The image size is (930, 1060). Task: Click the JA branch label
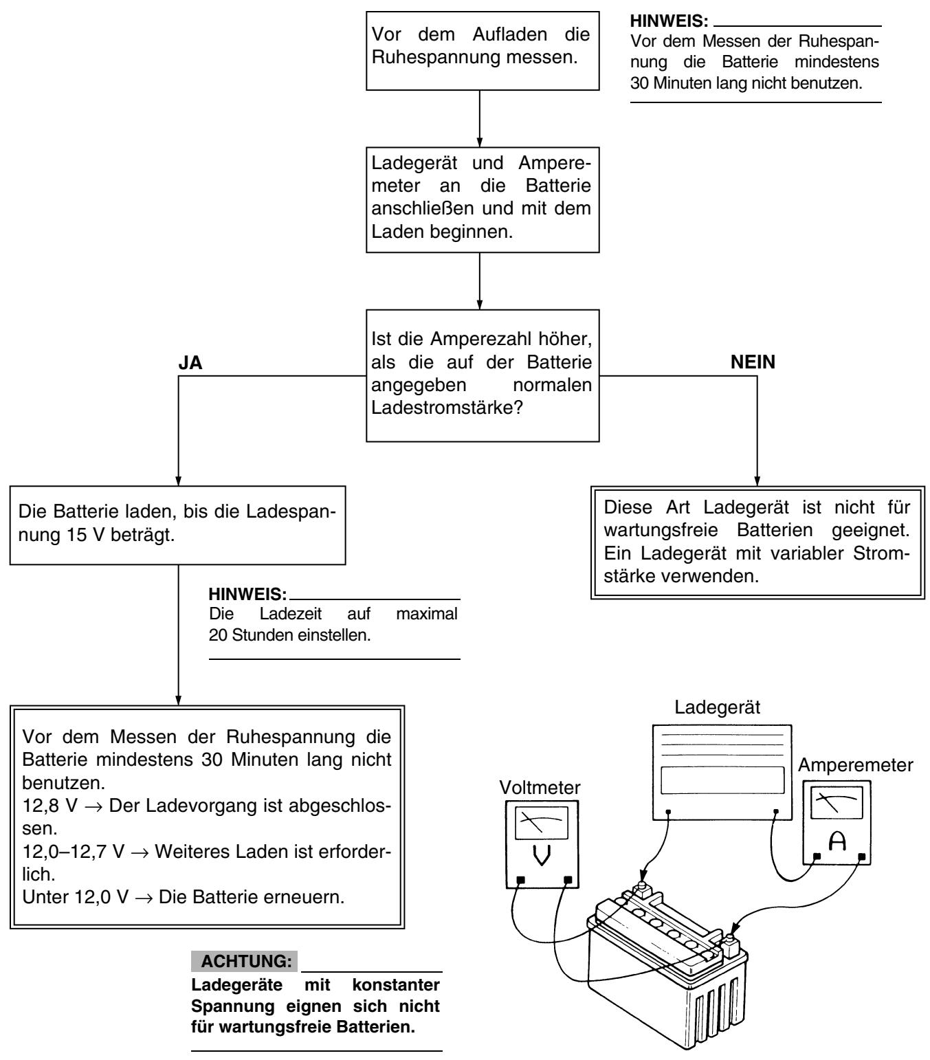[190, 362]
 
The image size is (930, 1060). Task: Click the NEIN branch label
[753, 362]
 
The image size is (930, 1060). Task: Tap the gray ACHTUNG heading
[244, 961]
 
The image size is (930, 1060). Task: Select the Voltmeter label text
[540, 787]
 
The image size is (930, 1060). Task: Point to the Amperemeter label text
[856, 765]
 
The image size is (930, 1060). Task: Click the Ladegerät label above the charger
[717, 707]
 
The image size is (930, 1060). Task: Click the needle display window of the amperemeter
[837, 803]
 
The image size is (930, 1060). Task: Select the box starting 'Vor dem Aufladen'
[483, 51]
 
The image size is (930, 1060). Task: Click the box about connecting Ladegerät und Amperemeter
[483, 200]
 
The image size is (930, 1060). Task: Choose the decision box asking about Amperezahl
[483, 375]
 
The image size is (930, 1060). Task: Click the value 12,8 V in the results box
[49, 806]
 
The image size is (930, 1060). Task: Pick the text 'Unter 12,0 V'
[76, 897]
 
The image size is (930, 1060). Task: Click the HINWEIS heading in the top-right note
[669, 21]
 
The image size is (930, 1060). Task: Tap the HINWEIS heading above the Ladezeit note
[247, 594]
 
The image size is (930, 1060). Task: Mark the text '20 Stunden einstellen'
[289, 634]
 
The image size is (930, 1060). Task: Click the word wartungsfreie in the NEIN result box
[661, 530]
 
